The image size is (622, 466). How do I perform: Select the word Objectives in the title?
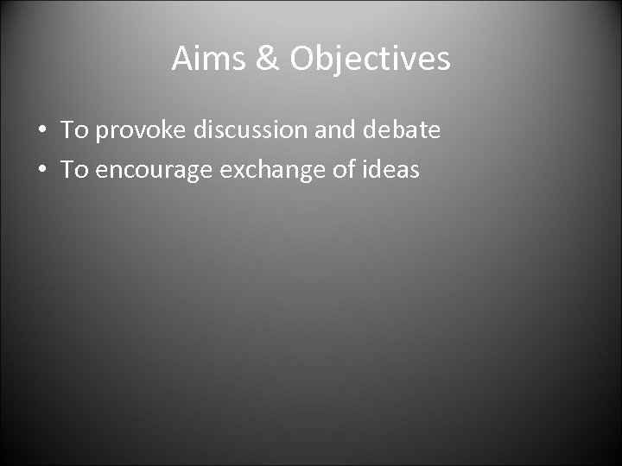click(x=370, y=59)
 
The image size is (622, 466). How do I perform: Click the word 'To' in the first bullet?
click(x=75, y=130)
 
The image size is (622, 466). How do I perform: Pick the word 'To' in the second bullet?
click(x=75, y=170)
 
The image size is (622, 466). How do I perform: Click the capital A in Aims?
click(x=182, y=59)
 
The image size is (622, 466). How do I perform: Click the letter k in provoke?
click(x=160, y=130)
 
